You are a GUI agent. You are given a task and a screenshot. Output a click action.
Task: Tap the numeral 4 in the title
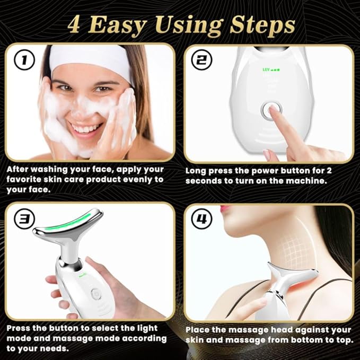[x=74, y=25]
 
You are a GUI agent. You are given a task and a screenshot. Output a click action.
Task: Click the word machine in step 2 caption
[x=305, y=181]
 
